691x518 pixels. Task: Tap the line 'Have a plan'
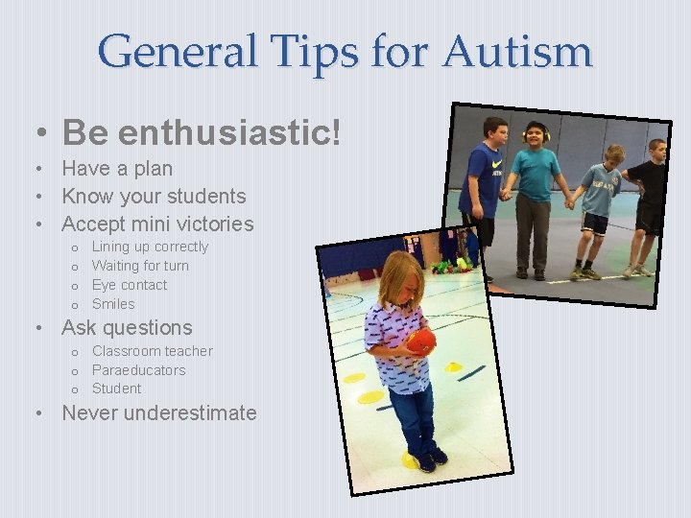tap(117, 169)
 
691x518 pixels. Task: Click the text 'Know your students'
tap(154, 197)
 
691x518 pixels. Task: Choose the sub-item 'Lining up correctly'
tap(150, 247)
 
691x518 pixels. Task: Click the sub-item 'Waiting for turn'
tap(140, 266)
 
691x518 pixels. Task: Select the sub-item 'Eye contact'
tap(130, 285)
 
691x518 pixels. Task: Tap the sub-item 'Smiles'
tap(113, 304)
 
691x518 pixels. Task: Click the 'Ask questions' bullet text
tap(127, 328)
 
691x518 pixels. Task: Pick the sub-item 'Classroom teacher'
tap(152, 351)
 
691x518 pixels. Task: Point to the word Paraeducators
tap(139, 370)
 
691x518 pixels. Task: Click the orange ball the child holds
tap(421, 341)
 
